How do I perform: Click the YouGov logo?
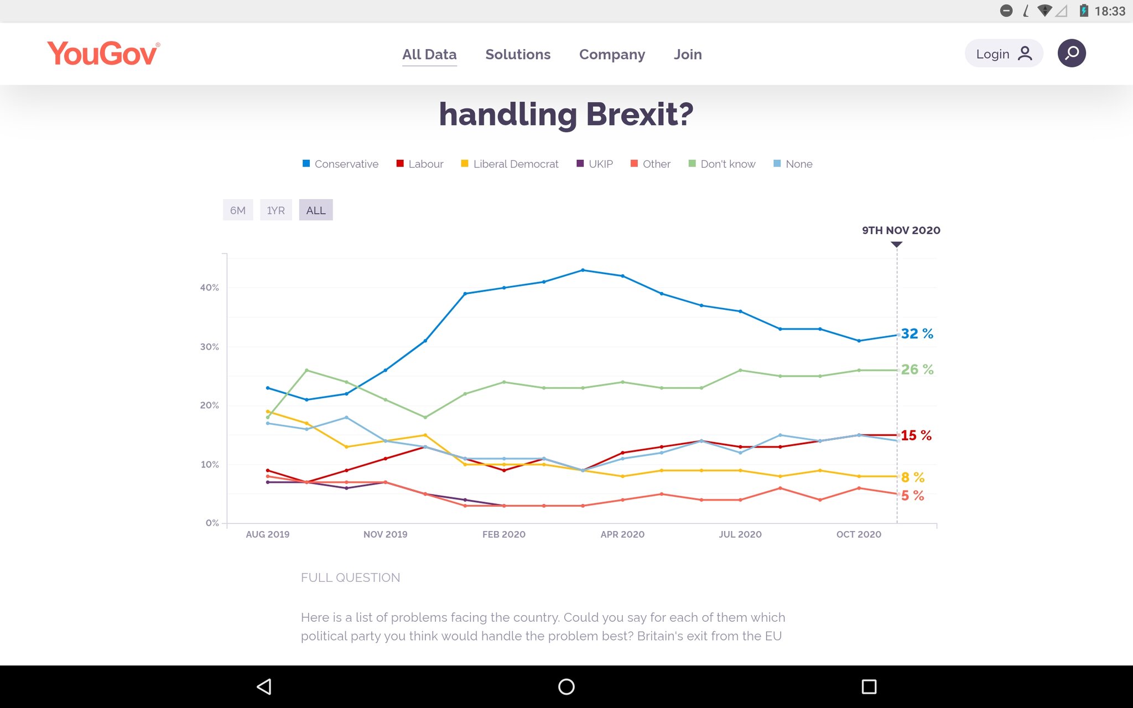pyautogui.click(x=103, y=54)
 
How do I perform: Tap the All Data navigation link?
pyautogui.click(x=429, y=54)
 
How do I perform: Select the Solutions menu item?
pyautogui.click(x=518, y=54)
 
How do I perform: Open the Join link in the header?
pyautogui.click(x=688, y=54)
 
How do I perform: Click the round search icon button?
pyautogui.click(x=1072, y=53)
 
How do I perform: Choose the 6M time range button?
pyautogui.click(x=238, y=210)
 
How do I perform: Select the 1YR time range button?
pyautogui.click(x=276, y=210)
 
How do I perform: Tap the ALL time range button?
pyautogui.click(x=316, y=210)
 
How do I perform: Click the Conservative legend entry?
pyautogui.click(x=340, y=164)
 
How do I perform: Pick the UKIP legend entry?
pyautogui.click(x=595, y=164)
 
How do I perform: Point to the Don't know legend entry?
pyautogui.click(x=722, y=164)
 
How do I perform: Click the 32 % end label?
pyautogui.click(x=917, y=334)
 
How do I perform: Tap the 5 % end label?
pyautogui.click(x=913, y=496)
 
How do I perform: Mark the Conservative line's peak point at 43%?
pyautogui.click(x=583, y=270)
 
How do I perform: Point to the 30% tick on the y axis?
pyautogui.click(x=210, y=347)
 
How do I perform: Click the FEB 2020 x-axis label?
pyautogui.click(x=504, y=534)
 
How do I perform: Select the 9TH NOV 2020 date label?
pyautogui.click(x=901, y=230)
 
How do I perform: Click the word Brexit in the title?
pyautogui.click(x=640, y=114)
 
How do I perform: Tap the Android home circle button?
pyautogui.click(x=566, y=686)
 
